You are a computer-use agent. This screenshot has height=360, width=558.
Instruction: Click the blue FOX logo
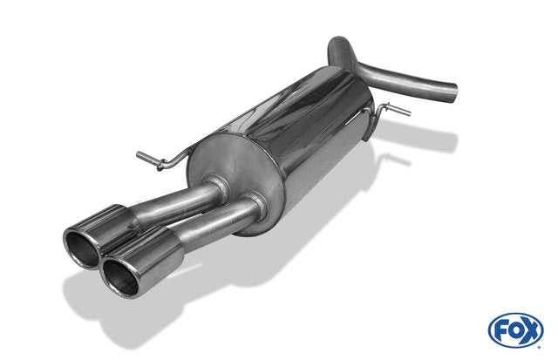click(515, 330)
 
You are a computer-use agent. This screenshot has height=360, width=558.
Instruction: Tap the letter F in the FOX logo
click(501, 330)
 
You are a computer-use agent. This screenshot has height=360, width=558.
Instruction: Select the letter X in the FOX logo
click(531, 331)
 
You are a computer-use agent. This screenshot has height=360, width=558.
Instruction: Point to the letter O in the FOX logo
click(515, 331)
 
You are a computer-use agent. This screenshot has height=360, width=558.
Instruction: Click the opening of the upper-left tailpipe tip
click(81, 248)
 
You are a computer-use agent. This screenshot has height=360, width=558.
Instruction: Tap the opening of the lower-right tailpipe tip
click(120, 277)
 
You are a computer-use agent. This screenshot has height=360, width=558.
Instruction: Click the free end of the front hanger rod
click(139, 155)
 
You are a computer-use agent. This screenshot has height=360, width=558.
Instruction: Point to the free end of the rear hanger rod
click(409, 112)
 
